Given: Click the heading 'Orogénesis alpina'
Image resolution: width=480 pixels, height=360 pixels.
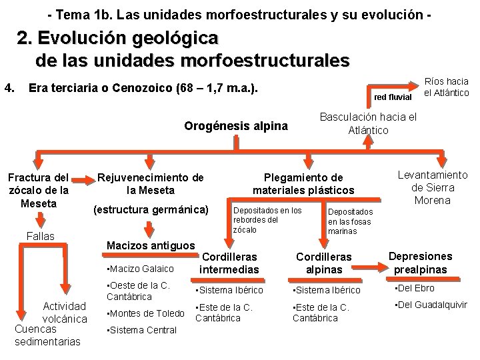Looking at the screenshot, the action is [x=236, y=126].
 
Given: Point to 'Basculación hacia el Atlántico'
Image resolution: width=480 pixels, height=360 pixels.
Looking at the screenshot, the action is [x=369, y=123].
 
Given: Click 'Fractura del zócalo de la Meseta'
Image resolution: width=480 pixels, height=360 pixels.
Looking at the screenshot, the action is [x=38, y=190].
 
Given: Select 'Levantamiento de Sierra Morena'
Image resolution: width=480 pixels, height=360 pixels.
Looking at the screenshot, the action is [x=432, y=187].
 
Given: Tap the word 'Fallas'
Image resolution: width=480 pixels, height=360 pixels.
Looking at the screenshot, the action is [x=41, y=236].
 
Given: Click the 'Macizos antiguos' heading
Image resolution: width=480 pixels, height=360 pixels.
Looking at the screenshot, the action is [x=151, y=245].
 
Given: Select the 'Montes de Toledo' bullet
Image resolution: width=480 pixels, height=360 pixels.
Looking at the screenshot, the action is [x=143, y=313].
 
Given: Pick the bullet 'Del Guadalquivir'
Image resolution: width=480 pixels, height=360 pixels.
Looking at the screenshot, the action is [x=428, y=306].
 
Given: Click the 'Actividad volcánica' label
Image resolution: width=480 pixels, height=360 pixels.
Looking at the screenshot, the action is [x=64, y=312].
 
